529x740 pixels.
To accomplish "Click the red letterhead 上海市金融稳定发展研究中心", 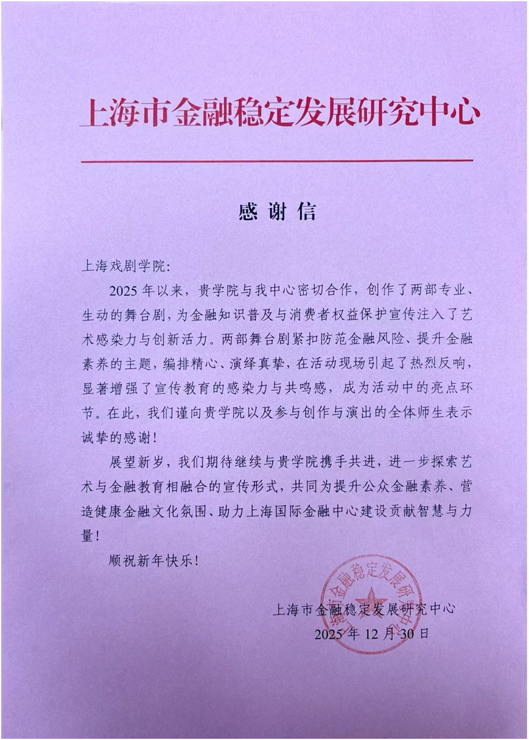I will (280, 113).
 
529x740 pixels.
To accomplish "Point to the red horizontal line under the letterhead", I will (277, 161).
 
